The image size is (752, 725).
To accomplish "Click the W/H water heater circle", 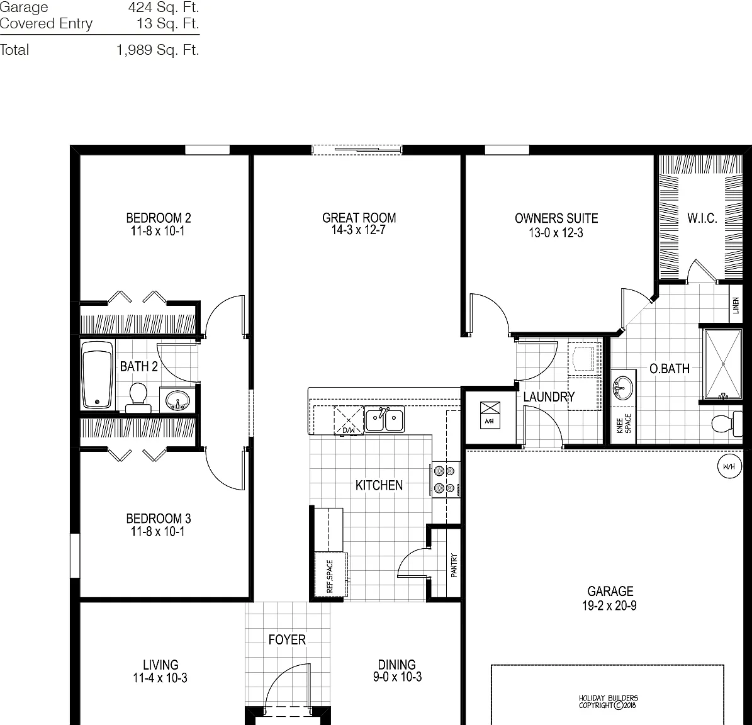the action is coord(729,466).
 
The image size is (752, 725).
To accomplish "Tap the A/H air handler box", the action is coord(490,415).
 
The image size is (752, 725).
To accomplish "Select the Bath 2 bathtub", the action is coord(98,374).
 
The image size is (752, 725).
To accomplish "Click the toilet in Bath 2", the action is coord(138,398).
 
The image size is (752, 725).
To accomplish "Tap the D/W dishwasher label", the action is coord(349,430).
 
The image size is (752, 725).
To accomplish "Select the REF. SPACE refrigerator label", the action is coord(330,576).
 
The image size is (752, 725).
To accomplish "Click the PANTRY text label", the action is coord(454,565).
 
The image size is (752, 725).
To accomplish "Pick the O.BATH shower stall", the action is coord(723,364).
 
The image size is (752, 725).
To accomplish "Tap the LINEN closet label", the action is coord(736,305).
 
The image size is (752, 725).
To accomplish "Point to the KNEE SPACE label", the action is coord(624,424).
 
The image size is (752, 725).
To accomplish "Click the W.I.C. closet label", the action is coord(702,218).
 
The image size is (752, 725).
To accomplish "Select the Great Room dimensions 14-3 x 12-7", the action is coord(359,230).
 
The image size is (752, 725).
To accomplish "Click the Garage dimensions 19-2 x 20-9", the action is coord(610,605).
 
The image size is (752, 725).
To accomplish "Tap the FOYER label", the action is coord(287,639).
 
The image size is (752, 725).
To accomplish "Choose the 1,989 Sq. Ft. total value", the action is coord(158,50).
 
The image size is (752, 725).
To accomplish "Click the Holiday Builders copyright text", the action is coord(608,702).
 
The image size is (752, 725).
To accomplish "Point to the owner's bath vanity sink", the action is coord(623,388).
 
